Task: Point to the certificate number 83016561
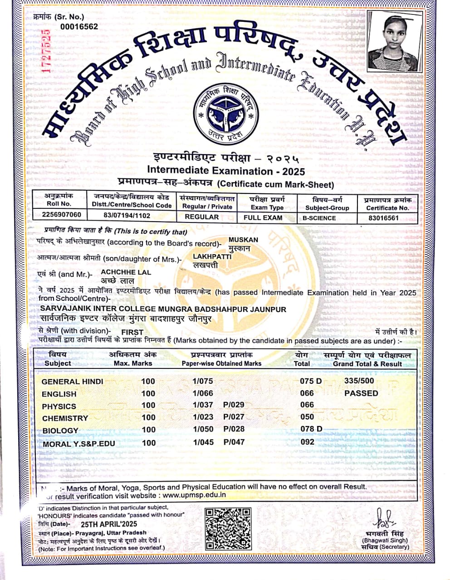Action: point(383,217)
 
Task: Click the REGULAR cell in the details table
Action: point(201,217)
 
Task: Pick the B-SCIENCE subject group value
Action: point(319,218)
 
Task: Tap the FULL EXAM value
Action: point(263,217)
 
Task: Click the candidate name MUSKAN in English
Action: point(243,240)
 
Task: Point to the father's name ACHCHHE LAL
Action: point(126,272)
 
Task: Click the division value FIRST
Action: point(132,332)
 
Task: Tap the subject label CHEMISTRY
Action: point(65,418)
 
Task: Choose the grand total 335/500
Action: point(359,381)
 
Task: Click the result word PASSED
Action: point(361,393)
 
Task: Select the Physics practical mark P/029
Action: point(234,405)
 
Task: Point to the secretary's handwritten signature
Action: point(382,517)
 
